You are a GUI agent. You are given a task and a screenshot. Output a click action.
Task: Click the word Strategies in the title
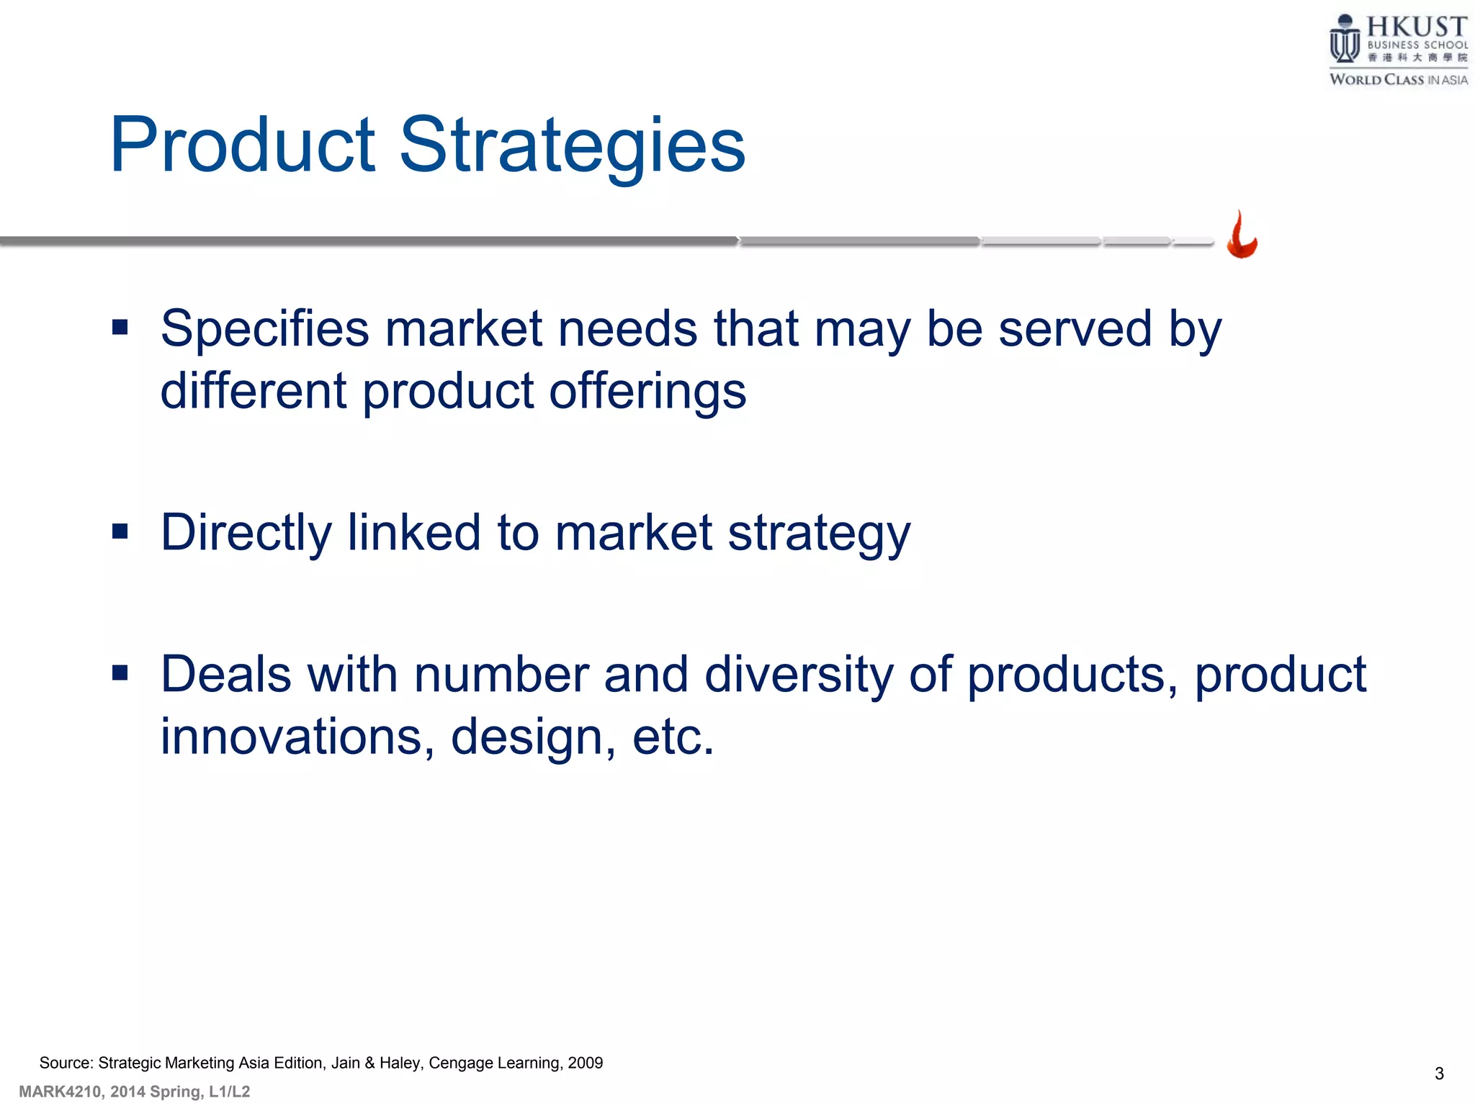tap(573, 146)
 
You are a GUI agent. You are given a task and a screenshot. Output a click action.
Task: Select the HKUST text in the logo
tap(1417, 27)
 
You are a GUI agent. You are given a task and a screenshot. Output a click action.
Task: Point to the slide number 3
tap(1439, 1074)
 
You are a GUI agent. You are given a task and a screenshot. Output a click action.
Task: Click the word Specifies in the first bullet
tap(264, 329)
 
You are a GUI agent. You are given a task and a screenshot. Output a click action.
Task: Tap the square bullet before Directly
tap(120, 531)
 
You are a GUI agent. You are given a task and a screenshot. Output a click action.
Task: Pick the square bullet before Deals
tap(120, 673)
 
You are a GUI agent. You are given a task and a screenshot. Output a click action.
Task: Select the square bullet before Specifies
tap(120, 328)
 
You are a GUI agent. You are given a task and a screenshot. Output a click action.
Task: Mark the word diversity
tap(798, 675)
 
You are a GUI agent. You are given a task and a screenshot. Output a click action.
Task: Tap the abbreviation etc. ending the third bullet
tap(673, 737)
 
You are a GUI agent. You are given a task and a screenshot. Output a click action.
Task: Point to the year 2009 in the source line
tap(585, 1063)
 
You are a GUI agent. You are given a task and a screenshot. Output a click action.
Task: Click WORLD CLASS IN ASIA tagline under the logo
tap(1398, 80)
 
